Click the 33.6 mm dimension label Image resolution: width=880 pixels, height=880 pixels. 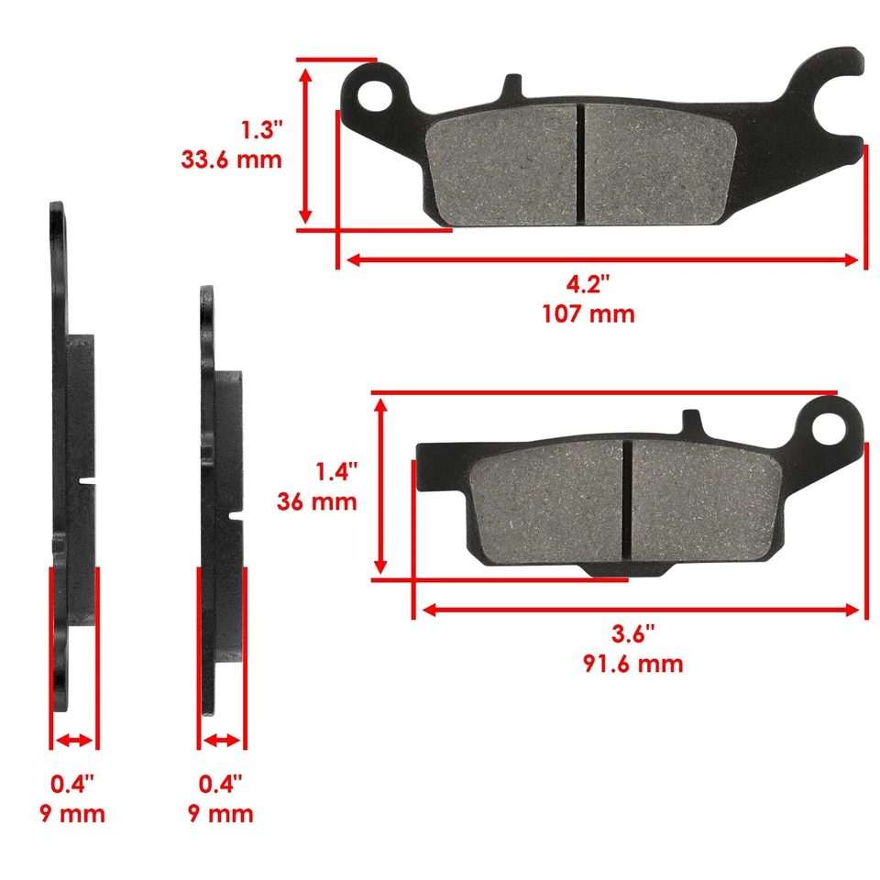[231, 159]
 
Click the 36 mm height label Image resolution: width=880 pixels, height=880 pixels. [316, 502]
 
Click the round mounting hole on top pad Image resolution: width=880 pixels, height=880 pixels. [376, 93]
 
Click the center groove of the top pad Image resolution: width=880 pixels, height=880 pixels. [579, 163]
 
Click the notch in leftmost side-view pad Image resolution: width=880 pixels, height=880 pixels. [88, 480]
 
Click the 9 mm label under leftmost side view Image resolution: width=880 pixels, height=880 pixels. [72, 813]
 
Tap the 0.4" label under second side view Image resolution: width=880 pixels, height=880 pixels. [221, 784]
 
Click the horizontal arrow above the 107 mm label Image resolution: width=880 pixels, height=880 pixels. [600, 260]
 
